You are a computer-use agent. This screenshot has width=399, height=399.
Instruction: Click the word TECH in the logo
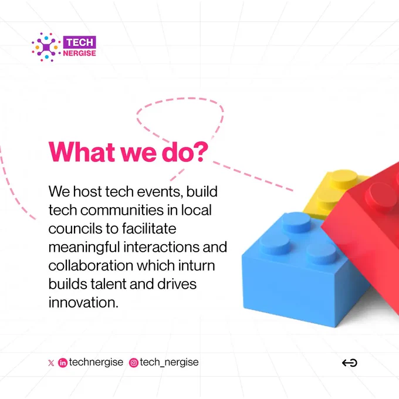point(80,42)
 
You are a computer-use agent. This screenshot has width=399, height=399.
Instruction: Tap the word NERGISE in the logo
point(79,53)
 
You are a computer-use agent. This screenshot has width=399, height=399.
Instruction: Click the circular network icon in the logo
point(46,47)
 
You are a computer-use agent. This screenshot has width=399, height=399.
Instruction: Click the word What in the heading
point(82,152)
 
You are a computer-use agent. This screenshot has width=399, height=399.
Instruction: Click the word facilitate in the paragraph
point(149,228)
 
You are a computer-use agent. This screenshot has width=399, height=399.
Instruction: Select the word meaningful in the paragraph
point(84,248)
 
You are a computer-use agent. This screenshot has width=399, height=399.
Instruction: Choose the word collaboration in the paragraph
point(91,265)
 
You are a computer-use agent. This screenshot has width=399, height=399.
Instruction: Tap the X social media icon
point(51,363)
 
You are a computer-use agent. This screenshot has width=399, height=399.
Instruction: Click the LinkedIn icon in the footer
point(63,363)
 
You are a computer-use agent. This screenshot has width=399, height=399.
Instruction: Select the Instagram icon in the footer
point(134,363)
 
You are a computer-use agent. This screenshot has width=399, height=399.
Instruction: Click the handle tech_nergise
point(169,363)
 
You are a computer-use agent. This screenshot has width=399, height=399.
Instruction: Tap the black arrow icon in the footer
point(350,363)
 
